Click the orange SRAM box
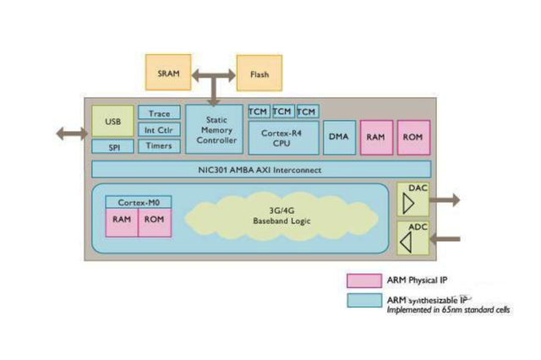point(168,73)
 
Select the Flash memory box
point(260,74)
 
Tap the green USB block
point(112,122)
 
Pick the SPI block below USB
point(113,146)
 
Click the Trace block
point(159,113)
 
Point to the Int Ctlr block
point(159,129)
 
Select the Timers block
point(159,145)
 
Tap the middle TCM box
point(282,112)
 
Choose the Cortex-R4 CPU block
point(282,138)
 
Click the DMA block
point(339,137)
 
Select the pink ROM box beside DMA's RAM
point(413,137)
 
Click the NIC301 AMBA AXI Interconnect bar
point(260,170)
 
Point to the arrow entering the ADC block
point(446,239)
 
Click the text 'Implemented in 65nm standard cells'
point(448,310)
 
